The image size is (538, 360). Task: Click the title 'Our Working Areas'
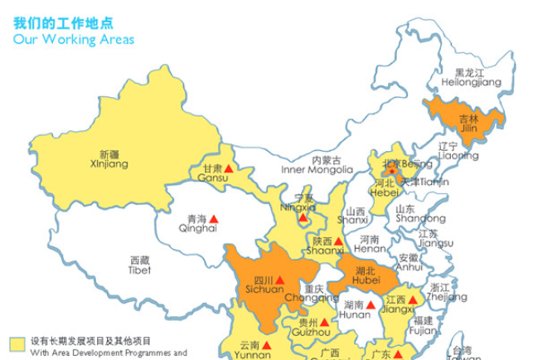[73, 39]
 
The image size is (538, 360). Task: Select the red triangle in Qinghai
[215, 219]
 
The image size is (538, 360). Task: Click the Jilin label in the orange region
[468, 124]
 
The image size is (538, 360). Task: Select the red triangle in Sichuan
[279, 280]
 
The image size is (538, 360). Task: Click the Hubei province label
[366, 276]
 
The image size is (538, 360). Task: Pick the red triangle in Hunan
[371, 304]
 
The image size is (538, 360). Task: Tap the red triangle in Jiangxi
[412, 299]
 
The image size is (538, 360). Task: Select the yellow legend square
[17, 342]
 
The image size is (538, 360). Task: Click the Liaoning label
[458, 150]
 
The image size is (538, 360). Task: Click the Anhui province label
[409, 262]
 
